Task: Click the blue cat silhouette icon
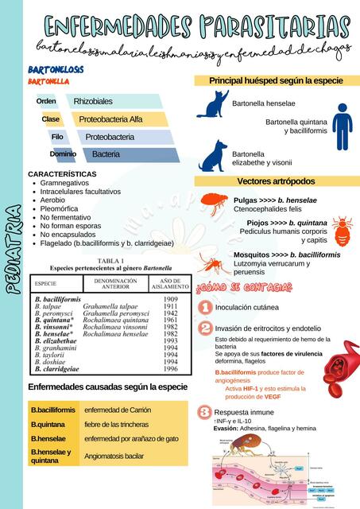click(212, 104)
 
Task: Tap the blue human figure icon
click(342, 126)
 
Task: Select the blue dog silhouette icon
click(213, 157)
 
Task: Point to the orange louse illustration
click(343, 231)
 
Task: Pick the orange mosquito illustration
click(211, 262)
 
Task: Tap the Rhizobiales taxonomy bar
click(93, 102)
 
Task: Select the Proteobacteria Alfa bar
click(110, 119)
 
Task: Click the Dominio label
click(63, 153)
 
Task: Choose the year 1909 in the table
click(171, 299)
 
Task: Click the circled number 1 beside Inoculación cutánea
click(204, 307)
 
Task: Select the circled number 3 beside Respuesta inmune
click(204, 412)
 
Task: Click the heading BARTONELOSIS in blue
click(56, 70)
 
